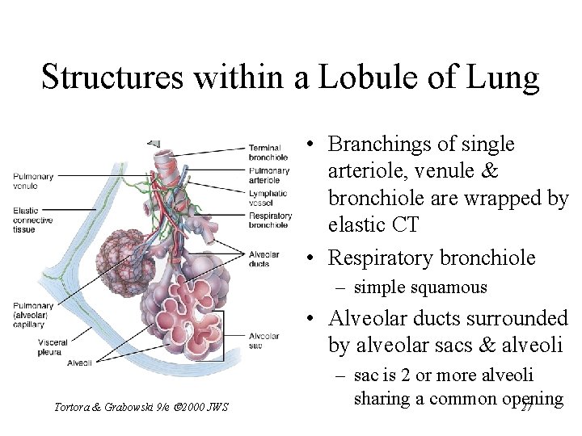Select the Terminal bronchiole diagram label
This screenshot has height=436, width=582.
pyautogui.click(x=265, y=153)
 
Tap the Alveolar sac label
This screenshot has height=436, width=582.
pyautogui.click(x=264, y=340)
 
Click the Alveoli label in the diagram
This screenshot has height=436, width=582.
pyautogui.click(x=80, y=363)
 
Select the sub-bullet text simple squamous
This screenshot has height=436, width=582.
pyautogui.click(x=420, y=287)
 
